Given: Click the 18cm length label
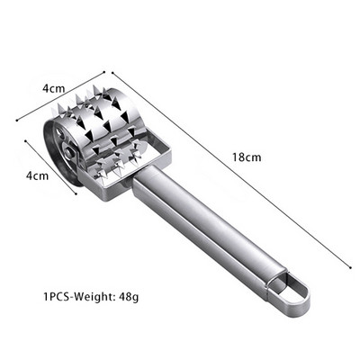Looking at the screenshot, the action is pyautogui.click(x=247, y=157).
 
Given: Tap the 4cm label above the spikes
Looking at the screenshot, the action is pyautogui.click(x=53, y=88).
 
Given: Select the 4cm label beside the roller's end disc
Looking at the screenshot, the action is pyautogui.click(x=37, y=175).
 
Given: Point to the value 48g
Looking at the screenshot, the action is pyautogui.click(x=129, y=297).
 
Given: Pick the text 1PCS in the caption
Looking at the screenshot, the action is pyautogui.click(x=57, y=297).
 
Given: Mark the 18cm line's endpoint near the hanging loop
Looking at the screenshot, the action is pyautogui.click(x=350, y=267).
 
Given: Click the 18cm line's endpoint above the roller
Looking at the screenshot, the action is pyautogui.click(x=112, y=73).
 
